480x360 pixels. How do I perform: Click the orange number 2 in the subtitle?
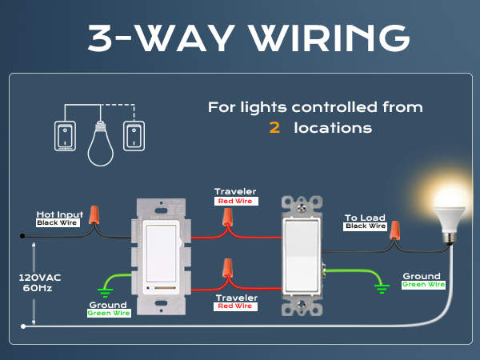pyautogui.click(x=274, y=128)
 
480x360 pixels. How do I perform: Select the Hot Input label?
pyautogui.click(x=60, y=214)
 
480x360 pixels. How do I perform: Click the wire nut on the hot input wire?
pyautogui.click(x=94, y=214)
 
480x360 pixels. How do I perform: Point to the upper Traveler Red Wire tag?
pyautogui.click(x=236, y=201)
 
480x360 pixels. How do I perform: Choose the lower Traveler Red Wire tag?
pyautogui.click(x=235, y=306)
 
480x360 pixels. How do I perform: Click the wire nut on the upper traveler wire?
pyautogui.click(x=227, y=217)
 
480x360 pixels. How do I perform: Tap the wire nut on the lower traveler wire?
pyautogui.click(x=227, y=267)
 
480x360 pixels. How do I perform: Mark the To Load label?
pyautogui.click(x=365, y=218)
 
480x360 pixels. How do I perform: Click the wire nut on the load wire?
pyautogui.click(x=394, y=230)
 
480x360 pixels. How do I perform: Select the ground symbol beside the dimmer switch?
pyautogui.click(x=105, y=293)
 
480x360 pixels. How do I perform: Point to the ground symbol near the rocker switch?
pyautogui.click(x=382, y=289)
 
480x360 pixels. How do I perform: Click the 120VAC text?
pyautogui.click(x=40, y=278)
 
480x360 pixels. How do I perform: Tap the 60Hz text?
pyautogui.click(x=38, y=288)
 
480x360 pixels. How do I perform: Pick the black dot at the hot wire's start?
pyautogui.click(x=22, y=236)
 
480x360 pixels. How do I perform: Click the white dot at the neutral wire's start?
pyautogui.click(x=23, y=326)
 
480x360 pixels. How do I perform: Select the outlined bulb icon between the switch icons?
pyautogui.click(x=101, y=143)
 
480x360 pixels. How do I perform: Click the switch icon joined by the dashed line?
pyautogui.click(x=134, y=136)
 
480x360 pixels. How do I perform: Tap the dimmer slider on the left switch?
pyautogui.click(x=161, y=288)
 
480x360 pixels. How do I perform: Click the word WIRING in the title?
pyautogui.click(x=330, y=38)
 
